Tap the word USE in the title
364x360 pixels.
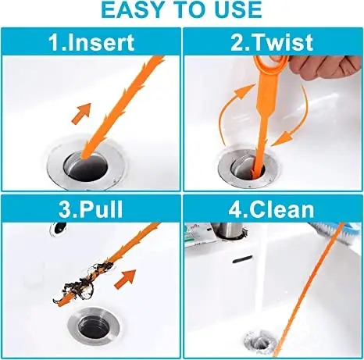(234, 10)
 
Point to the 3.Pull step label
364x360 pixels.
(91, 209)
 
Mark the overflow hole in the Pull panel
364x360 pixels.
(57, 230)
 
